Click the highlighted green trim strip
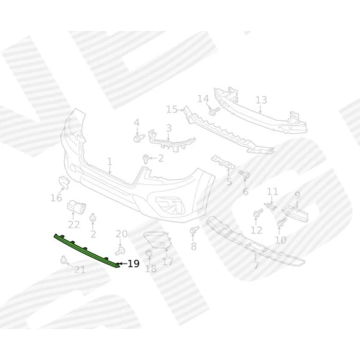86,251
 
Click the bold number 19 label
133,264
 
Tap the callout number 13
261,100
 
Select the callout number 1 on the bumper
109,162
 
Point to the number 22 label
73,225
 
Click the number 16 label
56,198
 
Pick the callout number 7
256,266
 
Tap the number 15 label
172,109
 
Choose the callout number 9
297,195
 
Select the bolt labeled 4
139,138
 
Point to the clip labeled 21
63,260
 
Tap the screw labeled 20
120,251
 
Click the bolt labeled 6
244,174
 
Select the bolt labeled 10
282,222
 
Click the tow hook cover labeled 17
158,240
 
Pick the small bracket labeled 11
270,206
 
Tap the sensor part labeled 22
76,207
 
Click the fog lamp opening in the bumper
170,205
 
